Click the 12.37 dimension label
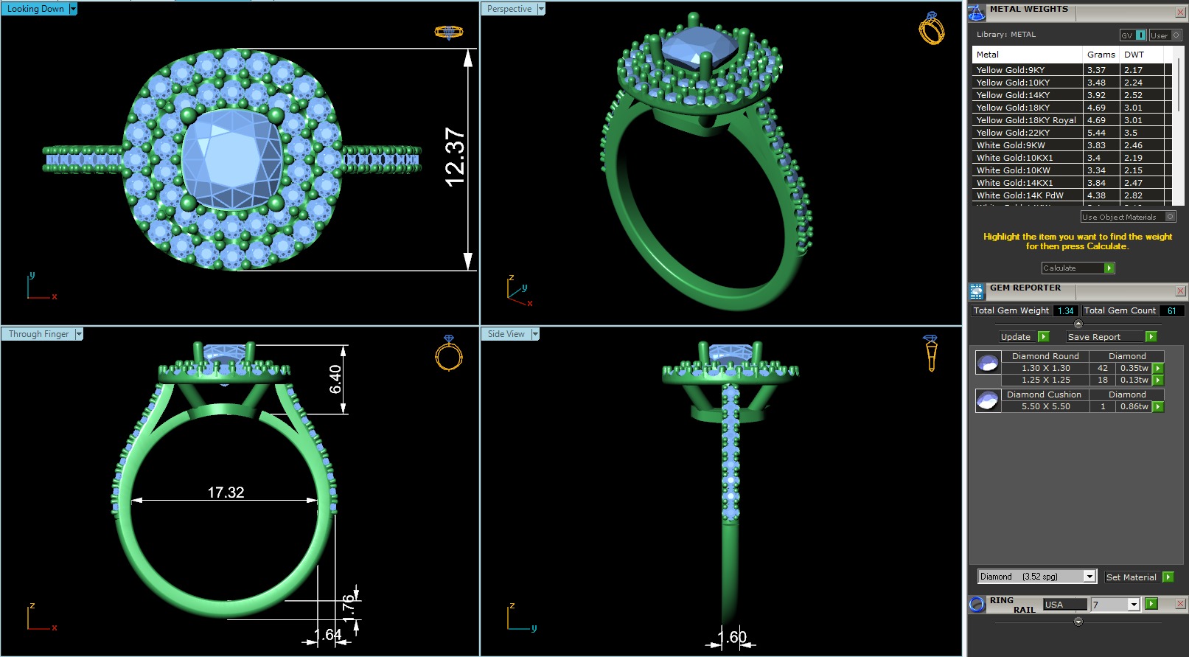[x=455, y=157]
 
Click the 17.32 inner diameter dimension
[x=226, y=492]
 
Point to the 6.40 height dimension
[x=335, y=379]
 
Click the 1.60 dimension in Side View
[x=732, y=636]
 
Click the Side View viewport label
[x=506, y=334]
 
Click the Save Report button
[x=1094, y=337]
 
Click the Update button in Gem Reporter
[x=1015, y=337]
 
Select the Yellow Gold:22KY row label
[x=1013, y=133]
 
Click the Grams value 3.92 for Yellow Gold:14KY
[x=1096, y=95]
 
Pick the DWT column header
[x=1134, y=55]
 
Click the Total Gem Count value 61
[x=1171, y=311]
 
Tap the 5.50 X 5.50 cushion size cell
[x=1045, y=406]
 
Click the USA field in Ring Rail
[x=1064, y=605]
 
